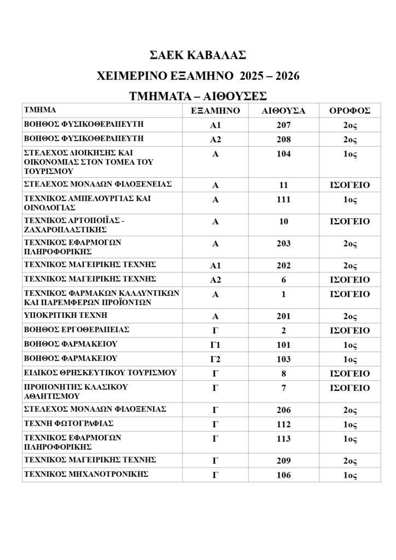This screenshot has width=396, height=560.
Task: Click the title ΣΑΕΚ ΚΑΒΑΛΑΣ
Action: tap(197, 55)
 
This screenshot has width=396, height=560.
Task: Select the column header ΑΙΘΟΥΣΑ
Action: tap(284, 110)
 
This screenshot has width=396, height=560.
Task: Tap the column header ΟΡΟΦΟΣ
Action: tap(350, 110)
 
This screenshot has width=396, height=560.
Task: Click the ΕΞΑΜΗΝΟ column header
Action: tap(216, 110)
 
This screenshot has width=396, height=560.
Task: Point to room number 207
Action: tap(284, 125)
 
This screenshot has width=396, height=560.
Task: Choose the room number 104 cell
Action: tap(284, 154)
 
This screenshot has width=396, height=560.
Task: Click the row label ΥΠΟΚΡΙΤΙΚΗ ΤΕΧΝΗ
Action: tap(65, 316)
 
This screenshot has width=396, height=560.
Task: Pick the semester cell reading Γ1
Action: tap(216, 345)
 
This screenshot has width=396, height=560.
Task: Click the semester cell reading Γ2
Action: tap(216, 359)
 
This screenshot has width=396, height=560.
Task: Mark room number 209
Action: tap(284, 460)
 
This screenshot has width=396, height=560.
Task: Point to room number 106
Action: tap(284, 475)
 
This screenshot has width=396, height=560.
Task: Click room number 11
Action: tap(284, 185)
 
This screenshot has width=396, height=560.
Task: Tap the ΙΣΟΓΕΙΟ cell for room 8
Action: tap(350, 374)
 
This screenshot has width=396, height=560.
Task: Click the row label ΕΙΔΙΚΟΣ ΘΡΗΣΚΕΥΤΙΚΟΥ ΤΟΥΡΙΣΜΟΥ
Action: tap(100, 373)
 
